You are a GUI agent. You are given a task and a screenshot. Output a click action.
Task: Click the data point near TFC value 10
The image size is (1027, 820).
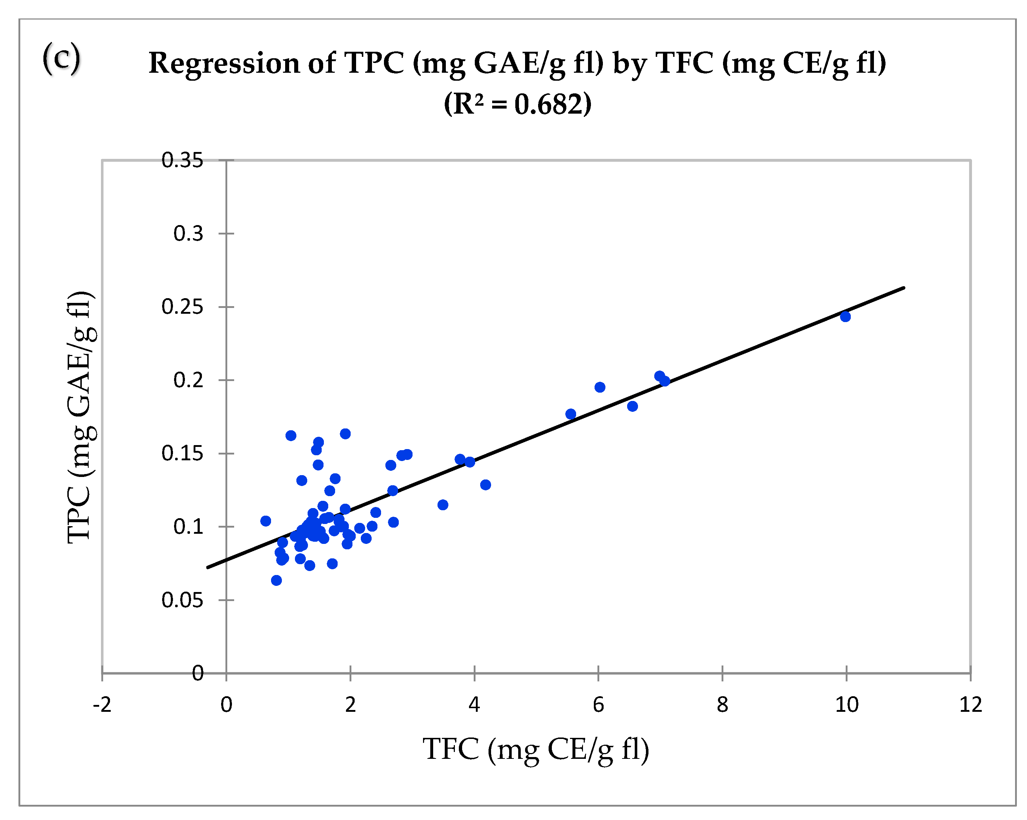[x=845, y=316]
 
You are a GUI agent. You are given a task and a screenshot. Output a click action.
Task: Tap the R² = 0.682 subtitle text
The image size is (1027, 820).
[x=517, y=103]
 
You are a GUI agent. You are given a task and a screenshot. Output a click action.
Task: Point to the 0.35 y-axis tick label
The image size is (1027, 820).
[x=182, y=160]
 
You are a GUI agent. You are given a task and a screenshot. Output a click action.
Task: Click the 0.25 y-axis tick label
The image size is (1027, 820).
[x=182, y=307]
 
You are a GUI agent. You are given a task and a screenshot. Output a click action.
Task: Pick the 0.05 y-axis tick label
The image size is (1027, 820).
[x=182, y=600]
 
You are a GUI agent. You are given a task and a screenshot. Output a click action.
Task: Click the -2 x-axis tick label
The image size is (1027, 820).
[x=102, y=704]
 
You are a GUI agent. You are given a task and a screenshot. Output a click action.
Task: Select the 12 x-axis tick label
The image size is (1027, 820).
[x=970, y=704]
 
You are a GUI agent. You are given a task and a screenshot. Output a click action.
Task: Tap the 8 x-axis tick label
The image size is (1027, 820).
[x=722, y=704]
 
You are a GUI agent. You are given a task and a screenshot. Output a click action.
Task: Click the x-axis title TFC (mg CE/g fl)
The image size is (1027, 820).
[x=536, y=749]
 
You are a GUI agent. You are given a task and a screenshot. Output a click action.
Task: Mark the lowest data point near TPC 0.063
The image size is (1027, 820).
[x=276, y=580]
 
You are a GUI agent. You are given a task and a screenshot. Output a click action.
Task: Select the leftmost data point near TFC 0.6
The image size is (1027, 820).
[x=266, y=521]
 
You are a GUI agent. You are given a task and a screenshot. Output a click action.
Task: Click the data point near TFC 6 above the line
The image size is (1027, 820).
[x=600, y=387]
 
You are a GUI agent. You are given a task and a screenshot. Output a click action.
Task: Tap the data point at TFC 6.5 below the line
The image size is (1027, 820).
[x=632, y=406]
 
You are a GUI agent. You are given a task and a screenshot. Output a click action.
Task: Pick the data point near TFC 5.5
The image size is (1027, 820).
[x=571, y=414]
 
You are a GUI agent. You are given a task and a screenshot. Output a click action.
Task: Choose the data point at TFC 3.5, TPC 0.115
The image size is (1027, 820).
[x=443, y=504]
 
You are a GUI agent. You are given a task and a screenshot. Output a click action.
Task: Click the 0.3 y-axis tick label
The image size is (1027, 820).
[x=188, y=233]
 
